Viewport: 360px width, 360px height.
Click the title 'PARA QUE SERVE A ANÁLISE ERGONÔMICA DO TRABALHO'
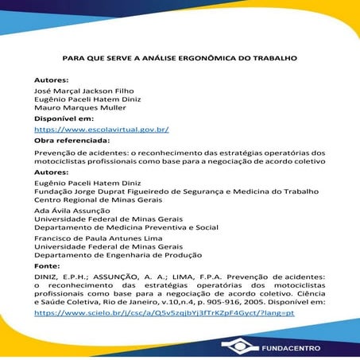[x=180, y=58]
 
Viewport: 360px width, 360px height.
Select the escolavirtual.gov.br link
[x=102, y=129]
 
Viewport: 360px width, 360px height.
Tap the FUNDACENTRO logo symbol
[x=238, y=346]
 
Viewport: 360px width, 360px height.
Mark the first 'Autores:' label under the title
[x=51, y=80]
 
